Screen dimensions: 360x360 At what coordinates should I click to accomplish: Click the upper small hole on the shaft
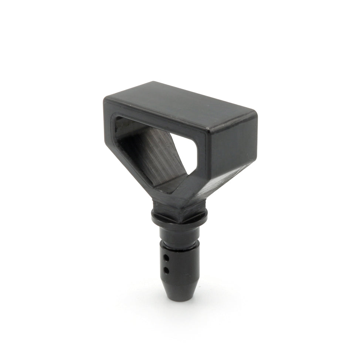click(x=167, y=256)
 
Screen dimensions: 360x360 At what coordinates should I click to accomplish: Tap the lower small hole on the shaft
click(x=167, y=270)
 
